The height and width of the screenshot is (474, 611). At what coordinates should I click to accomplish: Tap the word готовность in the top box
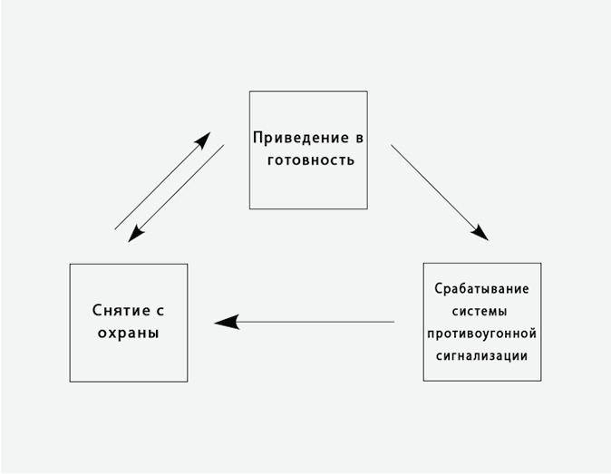click(309, 160)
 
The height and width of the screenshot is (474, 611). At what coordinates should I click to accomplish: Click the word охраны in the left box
click(128, 333)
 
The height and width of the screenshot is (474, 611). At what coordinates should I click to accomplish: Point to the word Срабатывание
click(481, 289)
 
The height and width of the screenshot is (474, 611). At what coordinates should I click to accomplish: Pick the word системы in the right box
click(481, 312)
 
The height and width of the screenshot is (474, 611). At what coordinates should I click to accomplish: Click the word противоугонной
click(481, 334)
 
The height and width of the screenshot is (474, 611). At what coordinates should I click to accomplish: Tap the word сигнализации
click(481, 356)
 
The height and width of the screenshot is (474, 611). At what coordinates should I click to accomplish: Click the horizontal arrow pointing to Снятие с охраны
click(308, 322)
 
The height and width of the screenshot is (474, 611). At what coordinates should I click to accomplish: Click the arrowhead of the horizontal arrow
click(225, 322)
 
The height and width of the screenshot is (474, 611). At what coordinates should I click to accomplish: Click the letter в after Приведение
click(359, 139)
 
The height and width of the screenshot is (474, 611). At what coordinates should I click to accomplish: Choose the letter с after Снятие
click(160, 310)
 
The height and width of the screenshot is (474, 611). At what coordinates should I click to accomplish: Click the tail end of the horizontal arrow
click(392, 322)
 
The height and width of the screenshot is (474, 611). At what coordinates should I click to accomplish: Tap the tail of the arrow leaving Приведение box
click(393, 147)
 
